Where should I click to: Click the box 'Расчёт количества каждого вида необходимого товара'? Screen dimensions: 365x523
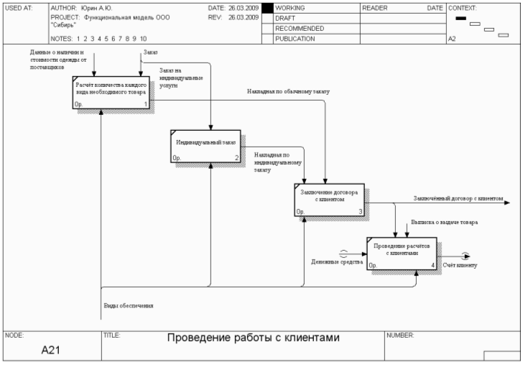111,93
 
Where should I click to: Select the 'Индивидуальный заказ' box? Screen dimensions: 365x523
205,145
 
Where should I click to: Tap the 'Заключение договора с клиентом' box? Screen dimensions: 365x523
330,199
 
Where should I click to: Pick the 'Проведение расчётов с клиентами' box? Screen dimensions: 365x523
402,252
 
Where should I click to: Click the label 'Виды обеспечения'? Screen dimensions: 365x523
129,305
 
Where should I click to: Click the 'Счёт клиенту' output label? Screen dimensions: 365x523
460,266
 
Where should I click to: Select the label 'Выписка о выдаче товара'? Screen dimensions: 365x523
444,223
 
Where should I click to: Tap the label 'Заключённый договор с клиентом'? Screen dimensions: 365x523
458,198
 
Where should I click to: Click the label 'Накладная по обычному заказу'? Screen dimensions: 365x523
288,92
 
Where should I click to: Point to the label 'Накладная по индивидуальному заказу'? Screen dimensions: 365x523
272,162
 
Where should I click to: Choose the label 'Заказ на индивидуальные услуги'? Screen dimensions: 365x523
180,78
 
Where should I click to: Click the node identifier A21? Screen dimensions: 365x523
50,350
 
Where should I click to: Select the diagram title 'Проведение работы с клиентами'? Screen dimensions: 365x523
253,338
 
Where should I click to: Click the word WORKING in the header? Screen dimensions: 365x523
290,7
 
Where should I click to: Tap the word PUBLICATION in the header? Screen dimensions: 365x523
295,39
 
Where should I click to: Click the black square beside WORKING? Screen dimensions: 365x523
267,8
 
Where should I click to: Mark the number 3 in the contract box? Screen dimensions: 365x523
361,211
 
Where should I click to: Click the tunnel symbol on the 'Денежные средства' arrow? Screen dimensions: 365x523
343,253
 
